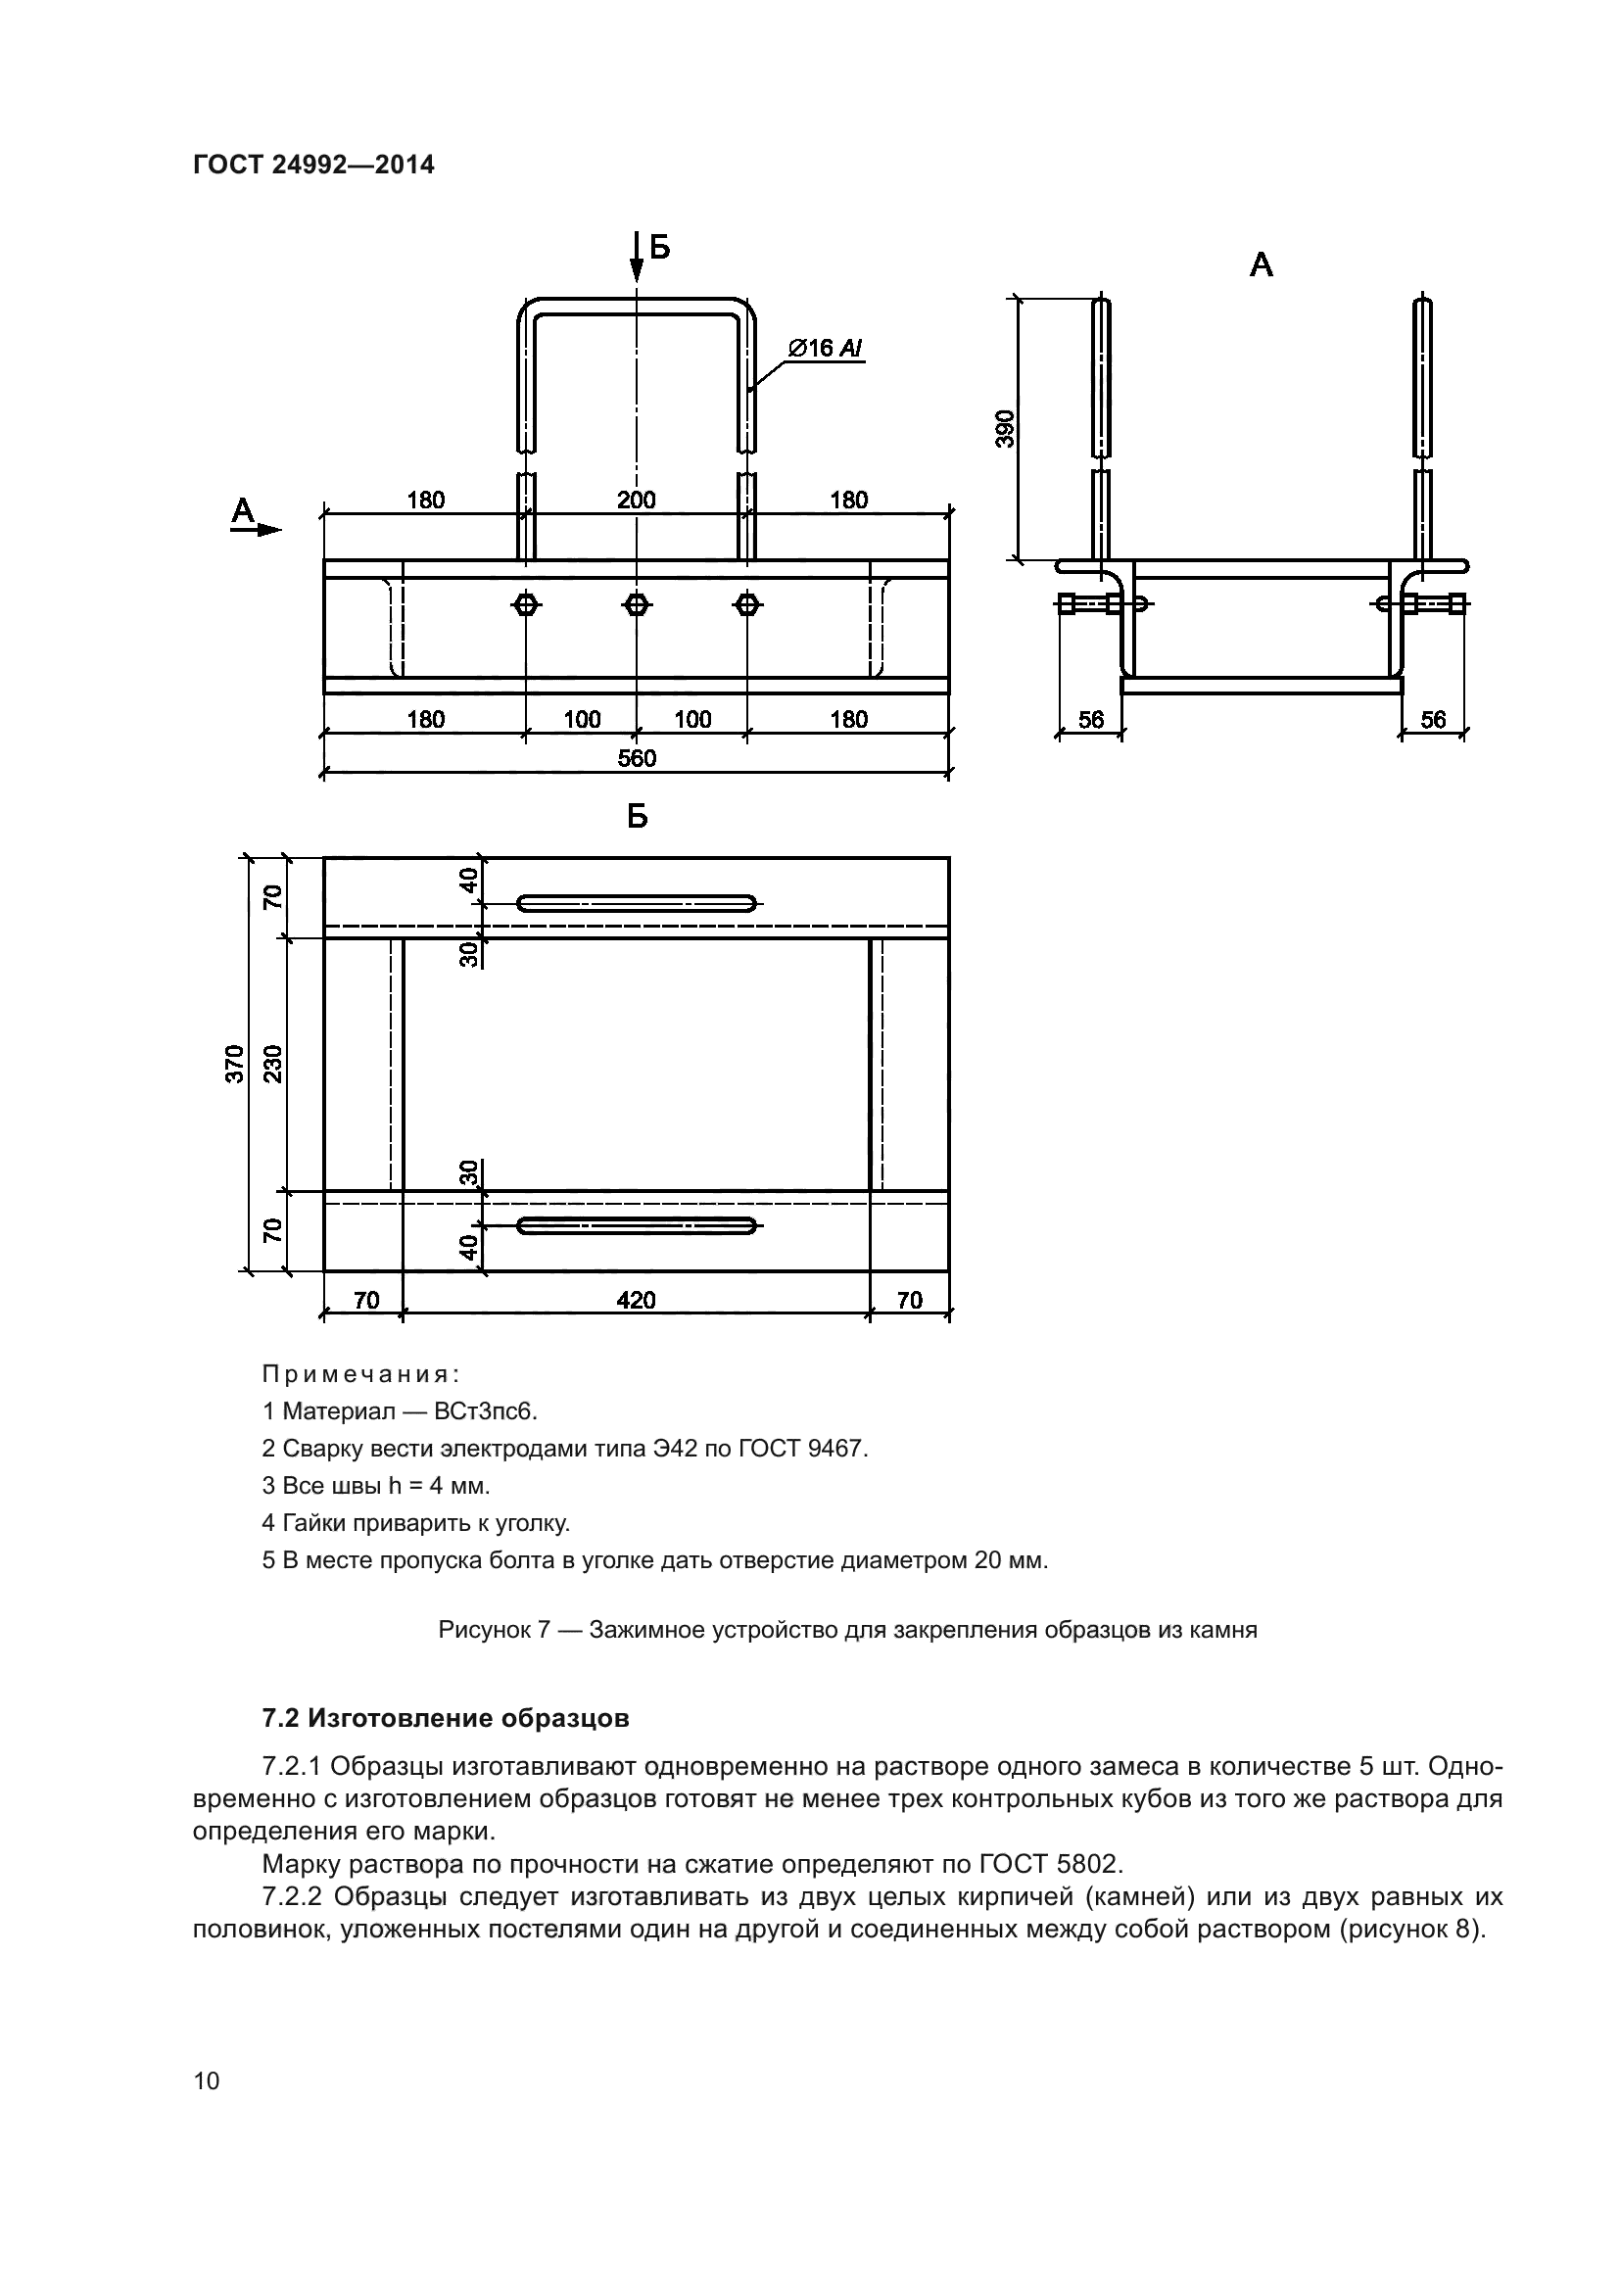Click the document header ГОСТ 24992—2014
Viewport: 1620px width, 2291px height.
point(313,165)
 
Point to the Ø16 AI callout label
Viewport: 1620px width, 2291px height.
point(824,349)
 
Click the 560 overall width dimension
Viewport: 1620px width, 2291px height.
point(637,758)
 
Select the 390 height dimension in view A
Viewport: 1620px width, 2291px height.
point(1006,428)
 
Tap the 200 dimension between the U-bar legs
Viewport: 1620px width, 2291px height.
point(637,500)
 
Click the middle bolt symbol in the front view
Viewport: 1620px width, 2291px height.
point(637,603)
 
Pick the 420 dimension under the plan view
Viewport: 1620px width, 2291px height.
point(637,1299)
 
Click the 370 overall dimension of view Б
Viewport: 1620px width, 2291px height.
point(233,1064)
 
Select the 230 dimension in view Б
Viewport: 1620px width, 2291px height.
point(273,1064)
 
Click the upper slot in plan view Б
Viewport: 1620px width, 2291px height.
point(637,904)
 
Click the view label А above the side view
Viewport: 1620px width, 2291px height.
point(1261,265)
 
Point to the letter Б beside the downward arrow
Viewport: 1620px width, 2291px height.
point(659,247)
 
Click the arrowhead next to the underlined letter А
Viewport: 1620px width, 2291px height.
point(269,530)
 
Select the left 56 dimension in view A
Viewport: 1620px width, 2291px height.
point(1091,720)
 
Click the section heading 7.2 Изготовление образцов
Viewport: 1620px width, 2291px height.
point(446,1718)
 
